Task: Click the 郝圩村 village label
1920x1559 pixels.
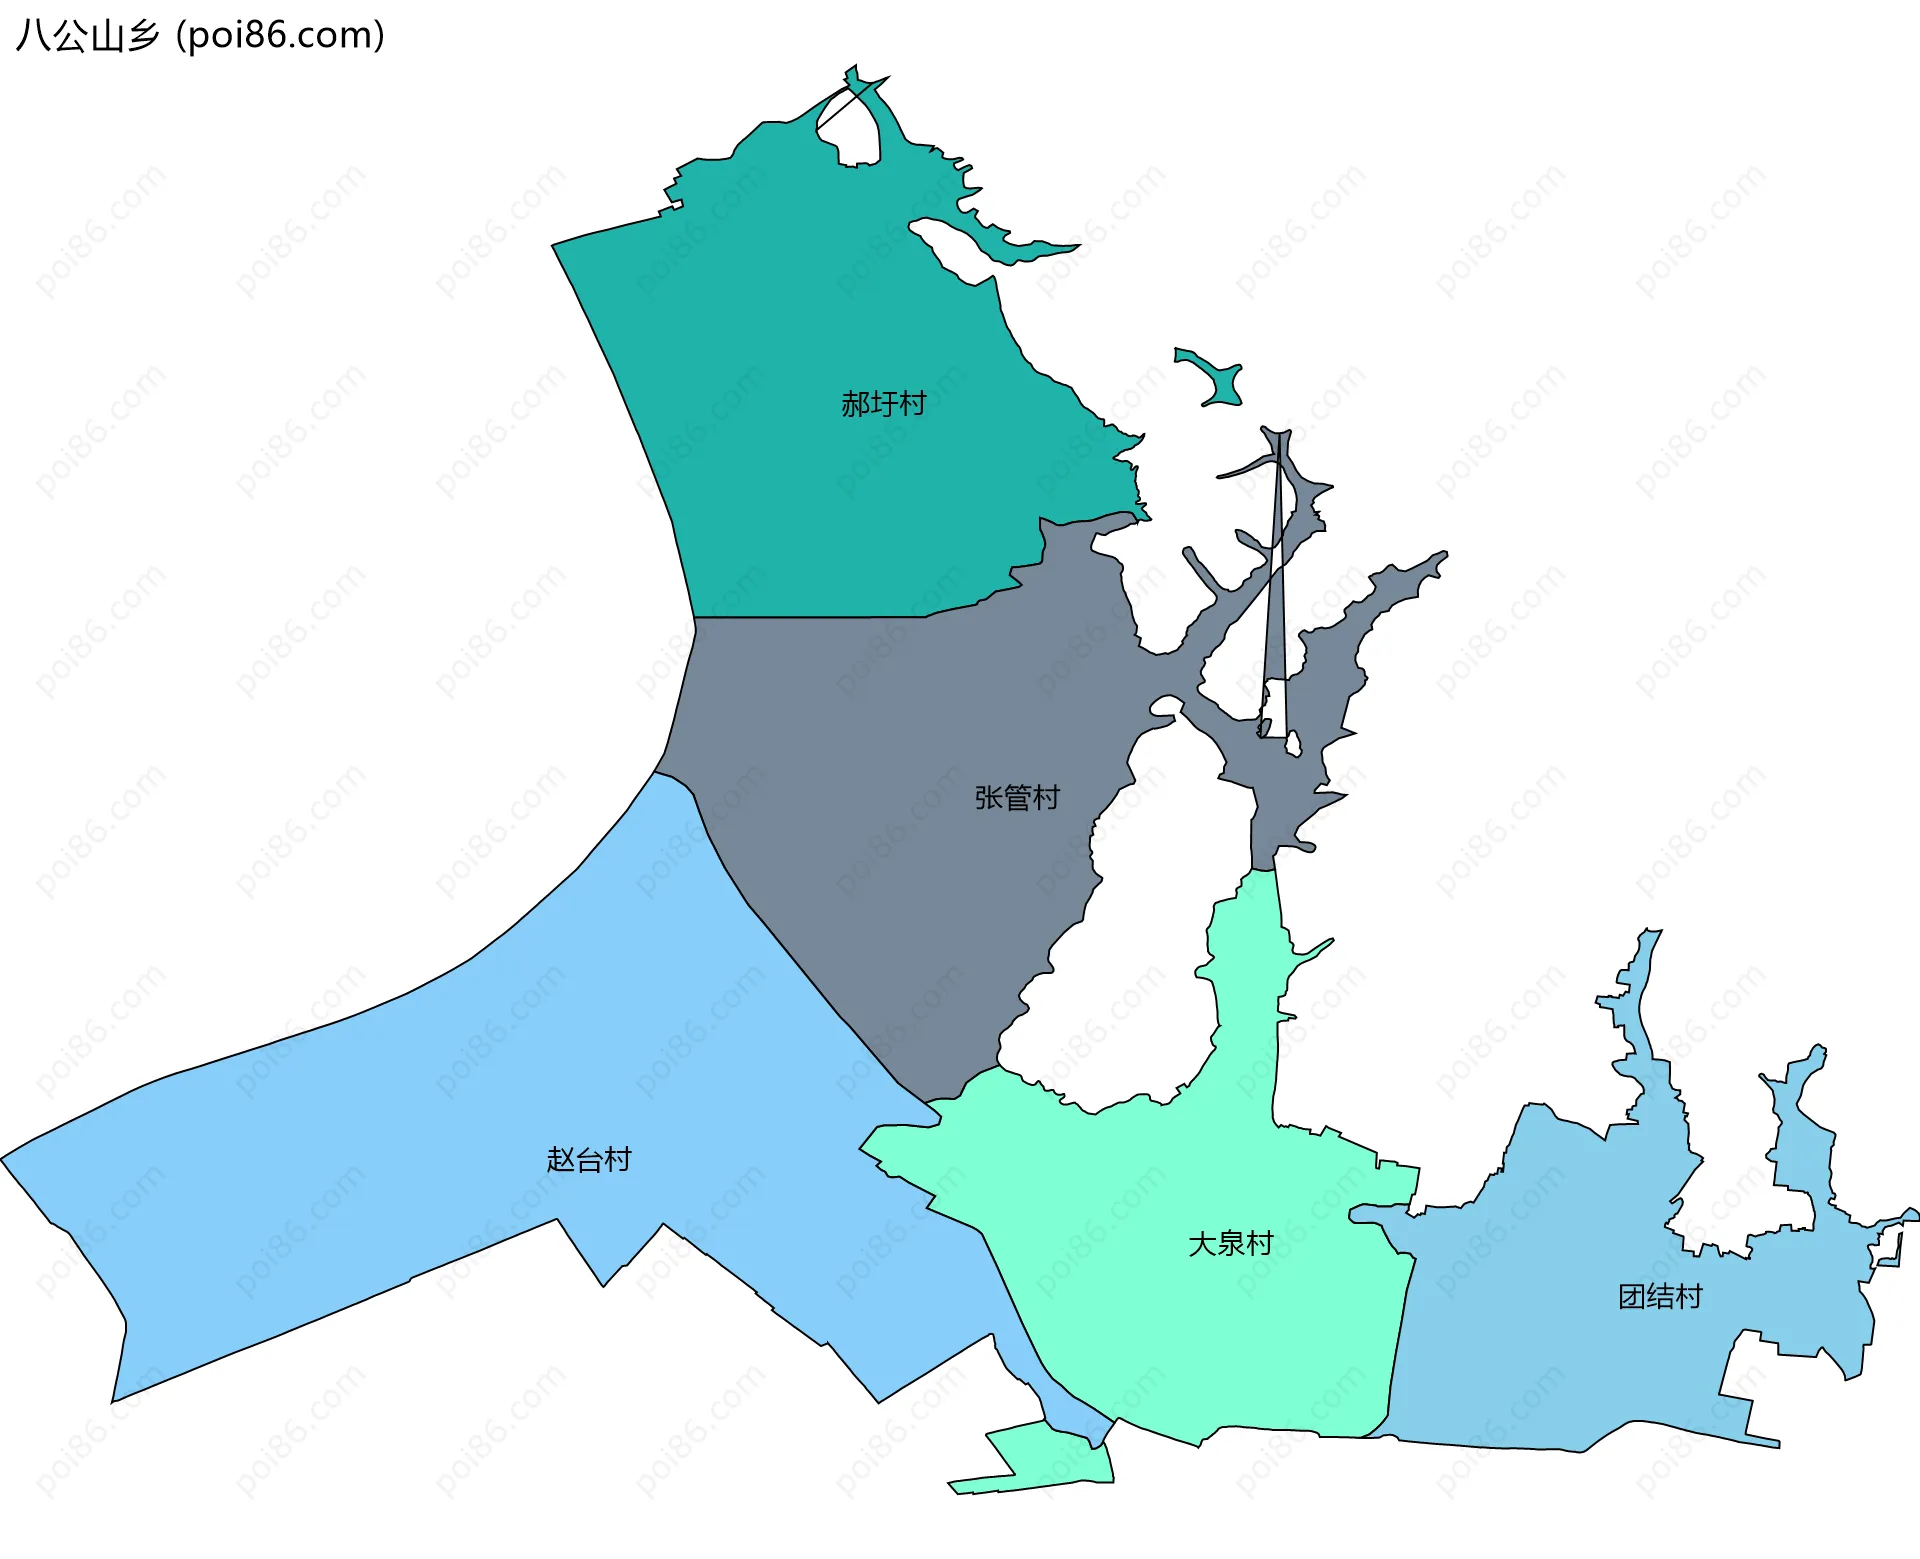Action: pyautogui.click(x=883, y=404)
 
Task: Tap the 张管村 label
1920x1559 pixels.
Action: pyautogui.click(x=1016, y=798)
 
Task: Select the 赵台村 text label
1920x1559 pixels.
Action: pyautogui.click(x=589, y=1160)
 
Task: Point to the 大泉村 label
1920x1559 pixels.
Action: pyautogui.click(x=1230, y=1244)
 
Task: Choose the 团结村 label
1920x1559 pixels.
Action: pyautogui.click(x=1660, y=1297)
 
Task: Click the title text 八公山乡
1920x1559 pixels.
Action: pyautogui.click(x=88, y=36)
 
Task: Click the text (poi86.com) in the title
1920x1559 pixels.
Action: pyautogui.click(x=281, y=36)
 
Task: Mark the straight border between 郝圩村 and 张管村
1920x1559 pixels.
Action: pyautogui.click(x=810, y=617)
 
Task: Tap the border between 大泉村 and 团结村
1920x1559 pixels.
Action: pyautogui.click(x=1400, y=1330)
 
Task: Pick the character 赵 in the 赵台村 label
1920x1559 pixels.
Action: pyautogui.click(x=560, y=1160)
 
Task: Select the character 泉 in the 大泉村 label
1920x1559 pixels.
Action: pyautogui.click(x=1230, y=1244)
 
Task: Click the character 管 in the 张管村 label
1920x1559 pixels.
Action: pyautogui.click(x=1016, y=798)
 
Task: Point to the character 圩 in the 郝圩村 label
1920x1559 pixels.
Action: pyautogui.click(x=883, y=404)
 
